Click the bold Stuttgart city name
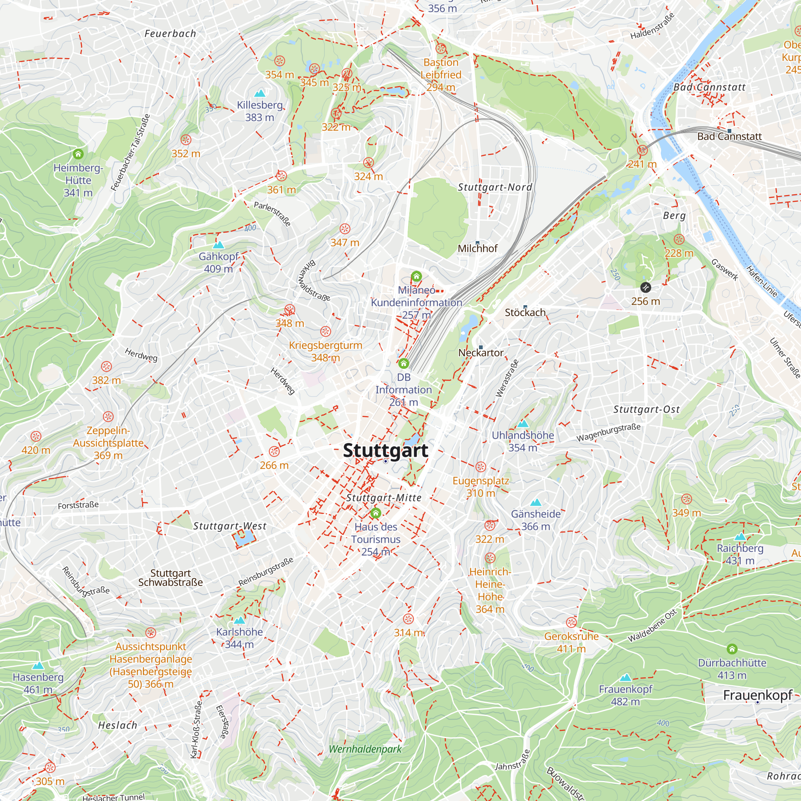click(x=385, y=451)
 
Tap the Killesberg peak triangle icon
click(x=260, y=93)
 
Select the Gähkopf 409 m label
click(x=219, y=262)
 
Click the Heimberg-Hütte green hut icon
click(x=78, y=154)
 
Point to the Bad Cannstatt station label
click(x=729, y=137)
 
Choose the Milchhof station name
click(x=477, y=248)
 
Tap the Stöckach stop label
click(x=525, y=312)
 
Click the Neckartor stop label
click(x=481, y=352)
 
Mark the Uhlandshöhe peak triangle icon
click(x=523, y=423)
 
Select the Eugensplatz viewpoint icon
click(x=481, y=467)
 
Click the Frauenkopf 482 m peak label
click(x=625, y=695)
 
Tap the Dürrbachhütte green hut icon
click(x=732, y=649)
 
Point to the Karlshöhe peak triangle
click(x=239, y=620)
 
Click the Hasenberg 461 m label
click(x=38, y=683)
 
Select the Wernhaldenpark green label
click(x=365, y=749)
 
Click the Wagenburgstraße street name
click(x=608, y=433)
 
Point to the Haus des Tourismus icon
click(x=376, y=513)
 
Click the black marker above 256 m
click(x=646, y=287)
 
